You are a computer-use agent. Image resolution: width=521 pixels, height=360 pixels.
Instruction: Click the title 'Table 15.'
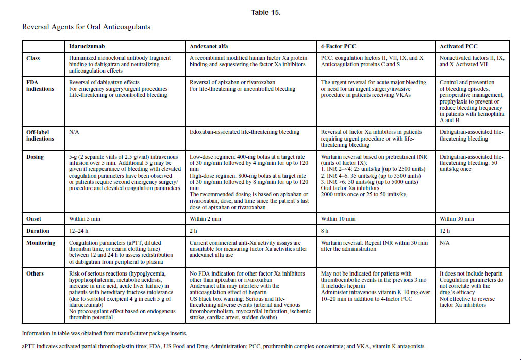tap(266, 13)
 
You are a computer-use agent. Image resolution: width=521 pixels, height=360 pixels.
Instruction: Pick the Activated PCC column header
tap(458, 46)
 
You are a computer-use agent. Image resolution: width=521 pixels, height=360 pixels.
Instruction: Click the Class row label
tap(33, 58)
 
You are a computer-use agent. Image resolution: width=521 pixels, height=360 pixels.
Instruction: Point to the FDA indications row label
tap(40, 85)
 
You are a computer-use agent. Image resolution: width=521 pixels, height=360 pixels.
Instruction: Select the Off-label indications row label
tap(40, 135)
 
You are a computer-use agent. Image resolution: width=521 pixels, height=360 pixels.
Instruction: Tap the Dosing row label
tap(35, 157)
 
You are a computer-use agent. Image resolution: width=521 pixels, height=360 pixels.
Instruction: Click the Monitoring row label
tap(40, 243)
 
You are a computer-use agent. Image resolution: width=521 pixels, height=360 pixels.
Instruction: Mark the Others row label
tap(35, 273)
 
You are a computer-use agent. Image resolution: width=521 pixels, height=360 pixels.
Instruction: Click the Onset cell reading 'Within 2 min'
tap(205, 219)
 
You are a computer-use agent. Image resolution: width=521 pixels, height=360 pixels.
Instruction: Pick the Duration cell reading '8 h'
tap(326, 231)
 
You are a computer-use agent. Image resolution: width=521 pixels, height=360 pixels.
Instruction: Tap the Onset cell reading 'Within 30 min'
tap(457, 219)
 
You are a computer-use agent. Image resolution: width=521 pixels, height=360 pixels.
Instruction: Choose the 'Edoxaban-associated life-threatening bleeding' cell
tap(244, 132)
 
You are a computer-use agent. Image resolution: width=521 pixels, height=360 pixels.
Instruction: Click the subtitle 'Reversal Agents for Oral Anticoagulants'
tap(86, 26)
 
